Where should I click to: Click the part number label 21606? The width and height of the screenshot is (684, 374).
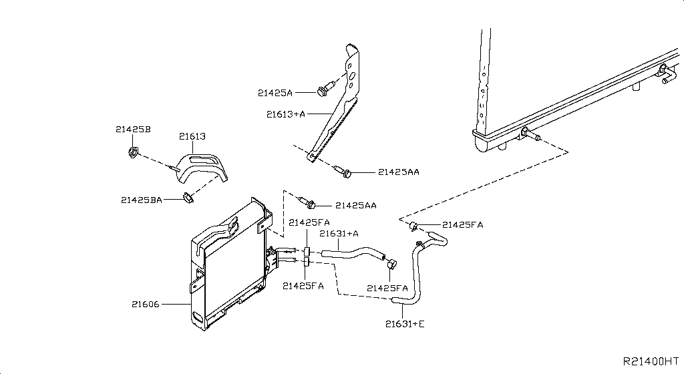pos(145,304)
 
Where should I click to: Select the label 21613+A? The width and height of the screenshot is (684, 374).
pos(286,114)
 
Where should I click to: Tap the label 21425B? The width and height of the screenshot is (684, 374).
pos(133,130)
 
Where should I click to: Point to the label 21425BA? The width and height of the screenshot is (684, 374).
pos(142,200)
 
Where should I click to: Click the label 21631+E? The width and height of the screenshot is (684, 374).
pos(405,324)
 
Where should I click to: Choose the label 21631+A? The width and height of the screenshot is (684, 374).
pos(339,234)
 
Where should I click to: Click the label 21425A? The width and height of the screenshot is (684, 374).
pos(275,93)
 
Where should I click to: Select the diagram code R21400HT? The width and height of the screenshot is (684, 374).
pos(651,361)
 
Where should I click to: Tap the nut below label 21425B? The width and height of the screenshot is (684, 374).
pos(134,152)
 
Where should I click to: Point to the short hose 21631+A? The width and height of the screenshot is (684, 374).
pos(354,253)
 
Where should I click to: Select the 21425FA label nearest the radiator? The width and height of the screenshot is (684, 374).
pos(463,225)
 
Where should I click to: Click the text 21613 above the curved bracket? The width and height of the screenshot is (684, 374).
pos(192,136)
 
